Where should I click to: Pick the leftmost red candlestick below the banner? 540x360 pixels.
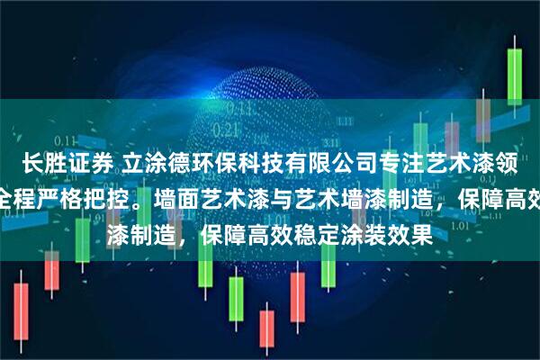pos(19,297)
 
